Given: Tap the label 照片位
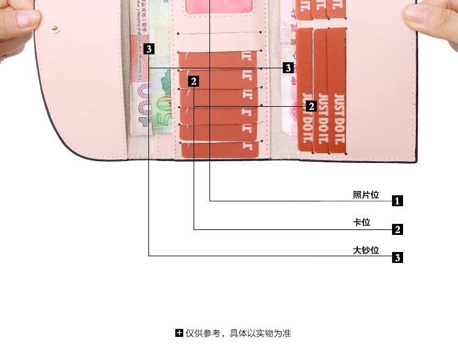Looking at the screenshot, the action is coord(366,195).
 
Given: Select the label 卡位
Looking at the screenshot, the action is coord(362,223).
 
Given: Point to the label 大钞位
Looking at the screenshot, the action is coord(366,250).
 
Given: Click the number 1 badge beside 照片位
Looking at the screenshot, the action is coord(397,201).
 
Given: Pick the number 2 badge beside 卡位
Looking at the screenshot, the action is coord(397,229).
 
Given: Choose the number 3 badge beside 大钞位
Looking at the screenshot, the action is coord(397,257).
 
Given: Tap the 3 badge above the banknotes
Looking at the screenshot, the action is coord(150,48).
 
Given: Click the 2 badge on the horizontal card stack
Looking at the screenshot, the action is coord(194,81).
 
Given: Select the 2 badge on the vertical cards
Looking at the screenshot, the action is coord(311,106).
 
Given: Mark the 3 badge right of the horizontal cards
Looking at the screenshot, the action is coord(288,68).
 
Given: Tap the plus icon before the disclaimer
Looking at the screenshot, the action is coord(179,333).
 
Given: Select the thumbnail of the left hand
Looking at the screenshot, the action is coord(15,27).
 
